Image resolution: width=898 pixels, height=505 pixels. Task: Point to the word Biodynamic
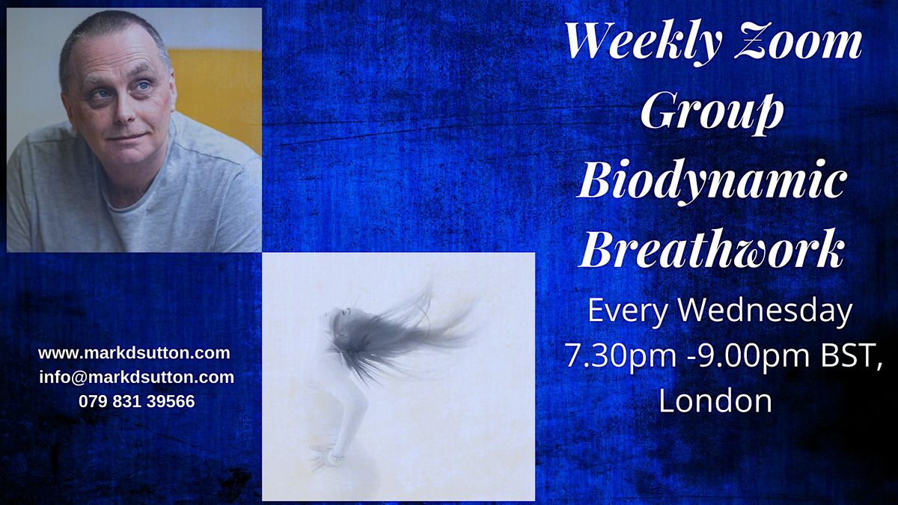tap(712, 182)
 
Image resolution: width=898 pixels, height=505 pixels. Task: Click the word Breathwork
tap(712, 251)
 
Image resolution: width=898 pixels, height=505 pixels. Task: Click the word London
tap(715, 400)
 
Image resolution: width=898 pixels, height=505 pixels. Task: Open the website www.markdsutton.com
tap(134, 353)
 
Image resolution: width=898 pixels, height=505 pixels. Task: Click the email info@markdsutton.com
tap(136, 377)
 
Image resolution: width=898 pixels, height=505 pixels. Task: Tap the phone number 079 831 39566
tap(136, 401)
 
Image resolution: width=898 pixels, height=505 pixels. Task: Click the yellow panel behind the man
tap(217, 90)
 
